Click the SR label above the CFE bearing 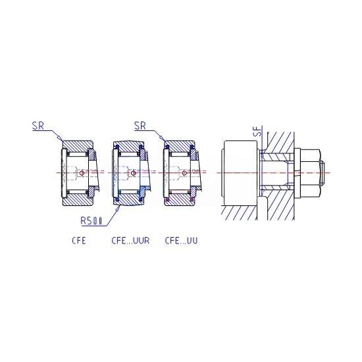pos(38,126)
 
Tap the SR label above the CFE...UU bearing pos(140,126)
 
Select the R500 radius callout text pos(91,220)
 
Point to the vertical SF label pos(260,131)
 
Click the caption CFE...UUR pos(130,240)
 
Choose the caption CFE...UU pos(181,240)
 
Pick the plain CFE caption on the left pos(79,240)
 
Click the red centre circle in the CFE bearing pos(82,173)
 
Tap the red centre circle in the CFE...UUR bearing pos(133,173)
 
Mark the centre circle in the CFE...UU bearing pos(184,173)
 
